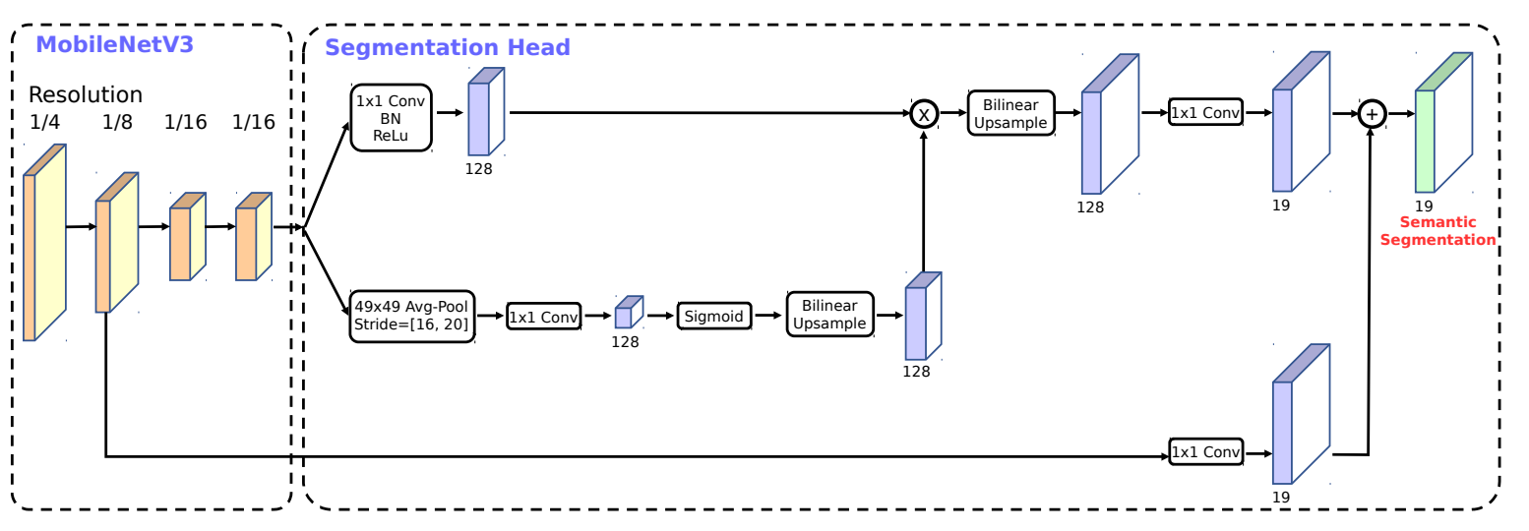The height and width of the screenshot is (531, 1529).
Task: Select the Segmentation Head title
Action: pyautogui.click(x=448, y=47)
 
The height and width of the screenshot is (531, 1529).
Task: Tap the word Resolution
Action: pyautogui.click(x=86, y=95)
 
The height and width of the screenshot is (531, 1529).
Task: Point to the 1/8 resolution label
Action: pyautogui.click(x=116, y=123)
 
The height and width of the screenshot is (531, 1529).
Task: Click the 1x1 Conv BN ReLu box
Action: pyautogui.click(x=392, y=117)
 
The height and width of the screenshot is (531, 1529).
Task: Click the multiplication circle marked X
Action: pyautogui.click(x=924, y=114)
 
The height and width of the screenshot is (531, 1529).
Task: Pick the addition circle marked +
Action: pyautogui.click(x=1372, y=115)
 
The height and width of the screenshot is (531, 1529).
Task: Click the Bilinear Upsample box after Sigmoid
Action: pyautogui.click(x=829, y=316)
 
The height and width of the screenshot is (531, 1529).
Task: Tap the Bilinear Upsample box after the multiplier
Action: pyautogui.click(x=1010, y=113)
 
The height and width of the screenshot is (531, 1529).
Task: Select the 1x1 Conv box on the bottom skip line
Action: pyautogui.click(x=1205, y=451)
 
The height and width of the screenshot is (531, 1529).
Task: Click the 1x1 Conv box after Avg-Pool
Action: pyautogui.click(x=544, y=317)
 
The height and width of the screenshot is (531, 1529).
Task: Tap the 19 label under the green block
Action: pyautogui.click(x=1423, y=206)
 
